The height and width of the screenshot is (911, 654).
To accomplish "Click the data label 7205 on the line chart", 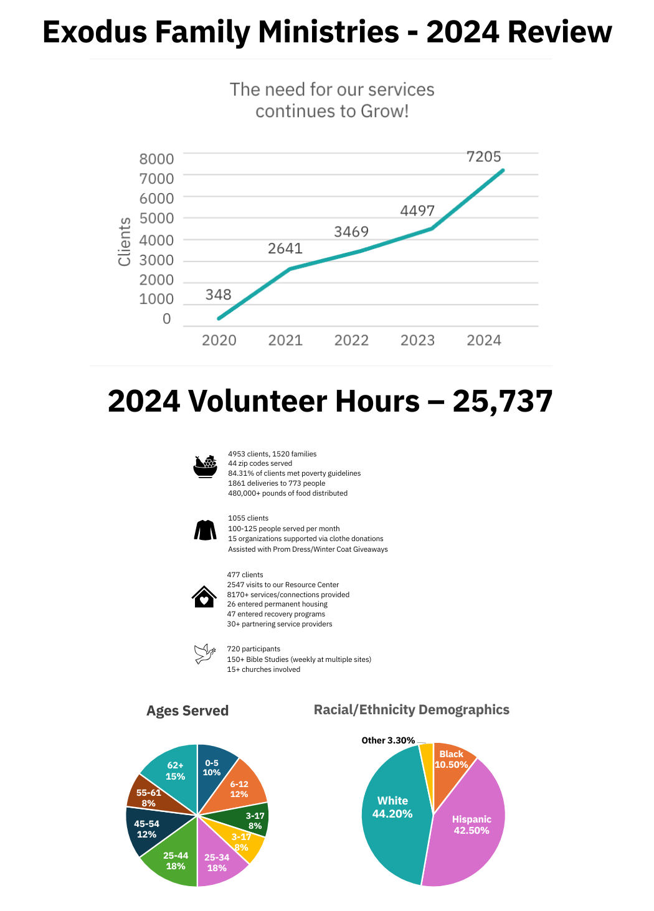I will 483,157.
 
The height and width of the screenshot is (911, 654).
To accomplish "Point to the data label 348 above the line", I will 218,295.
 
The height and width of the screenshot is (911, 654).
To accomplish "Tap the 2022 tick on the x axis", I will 351,340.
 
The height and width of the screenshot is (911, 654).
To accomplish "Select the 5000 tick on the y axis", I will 156,219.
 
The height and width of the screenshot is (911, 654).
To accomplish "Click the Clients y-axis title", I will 125,242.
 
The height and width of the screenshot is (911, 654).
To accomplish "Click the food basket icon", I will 205,466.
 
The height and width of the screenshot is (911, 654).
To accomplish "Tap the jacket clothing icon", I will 205,530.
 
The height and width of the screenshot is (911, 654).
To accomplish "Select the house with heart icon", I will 204,597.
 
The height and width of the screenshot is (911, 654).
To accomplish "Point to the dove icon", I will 204,654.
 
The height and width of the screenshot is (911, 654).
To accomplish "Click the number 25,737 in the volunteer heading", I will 502,401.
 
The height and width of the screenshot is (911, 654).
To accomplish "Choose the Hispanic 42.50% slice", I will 471,825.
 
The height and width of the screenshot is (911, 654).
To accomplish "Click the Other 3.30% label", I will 388,740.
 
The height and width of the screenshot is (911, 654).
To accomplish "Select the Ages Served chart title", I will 187,710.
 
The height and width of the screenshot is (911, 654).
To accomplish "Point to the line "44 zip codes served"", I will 260,463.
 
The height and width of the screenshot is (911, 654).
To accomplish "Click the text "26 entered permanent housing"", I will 277,604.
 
